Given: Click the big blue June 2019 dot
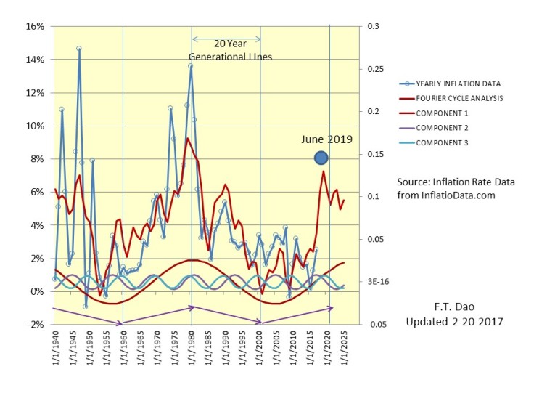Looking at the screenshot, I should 321,158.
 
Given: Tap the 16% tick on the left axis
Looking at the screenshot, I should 35,26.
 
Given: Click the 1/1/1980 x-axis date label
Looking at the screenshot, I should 192,350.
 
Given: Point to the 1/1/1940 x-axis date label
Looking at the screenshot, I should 55,350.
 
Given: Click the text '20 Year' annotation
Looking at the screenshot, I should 230,43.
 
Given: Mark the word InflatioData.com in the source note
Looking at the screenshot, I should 464,195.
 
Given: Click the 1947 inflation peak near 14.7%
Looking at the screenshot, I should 79,49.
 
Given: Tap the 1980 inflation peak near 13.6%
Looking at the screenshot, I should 191,66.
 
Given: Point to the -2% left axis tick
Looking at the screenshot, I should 35,325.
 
